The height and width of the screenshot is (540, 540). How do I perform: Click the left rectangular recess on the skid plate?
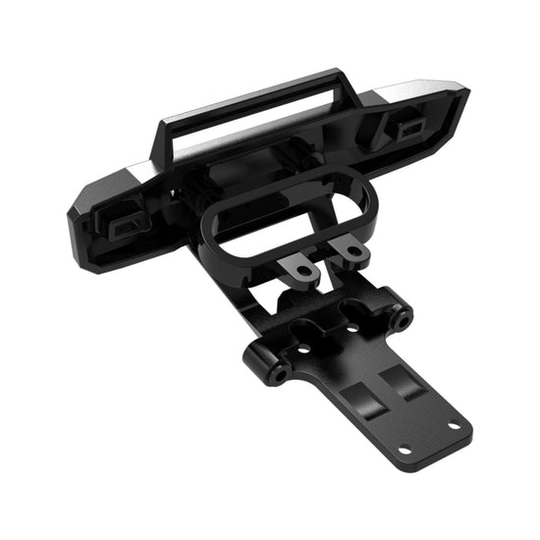(x=364, y=402)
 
